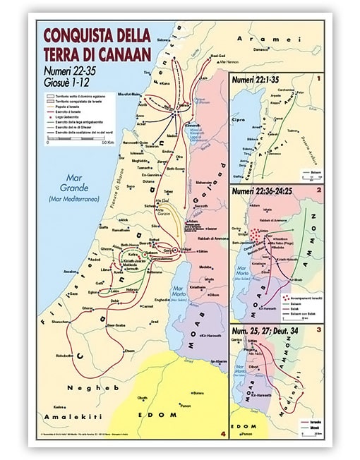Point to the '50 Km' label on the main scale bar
107,143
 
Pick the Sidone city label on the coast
164,40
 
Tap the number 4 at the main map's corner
223,414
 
